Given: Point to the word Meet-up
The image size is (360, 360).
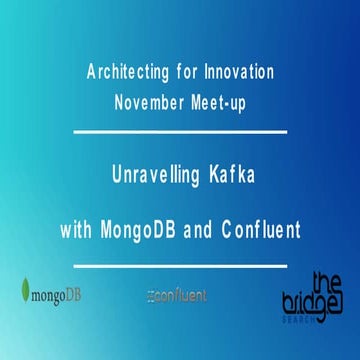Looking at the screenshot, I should tap(223, 101).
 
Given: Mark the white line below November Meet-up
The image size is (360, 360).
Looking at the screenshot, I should tap(180, 131).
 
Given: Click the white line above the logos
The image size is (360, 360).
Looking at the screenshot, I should tap(180, 263).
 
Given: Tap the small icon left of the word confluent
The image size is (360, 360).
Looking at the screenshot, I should tap(149, 296).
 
